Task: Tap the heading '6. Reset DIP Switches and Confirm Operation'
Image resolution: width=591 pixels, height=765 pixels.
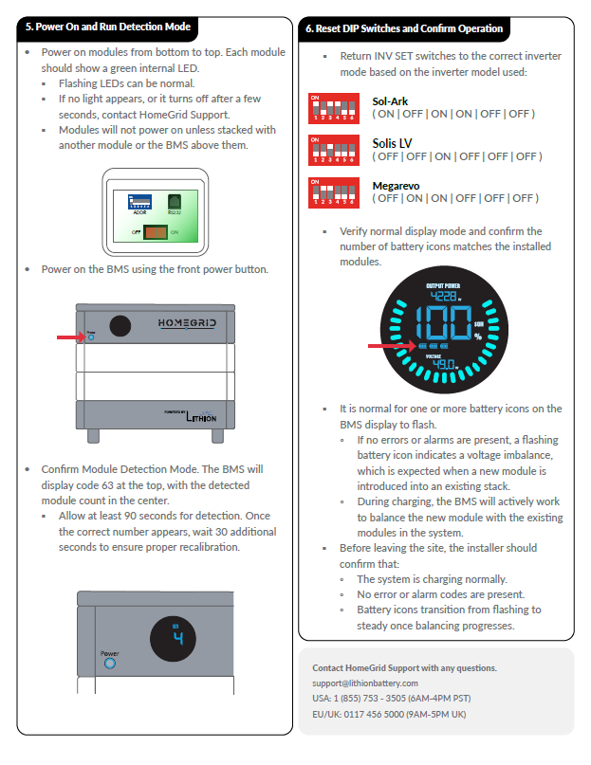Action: click(404, 28)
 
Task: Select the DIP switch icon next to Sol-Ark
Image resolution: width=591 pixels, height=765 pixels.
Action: click(334, 107)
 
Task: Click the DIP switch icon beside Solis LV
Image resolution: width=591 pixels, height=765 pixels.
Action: click(334, 150)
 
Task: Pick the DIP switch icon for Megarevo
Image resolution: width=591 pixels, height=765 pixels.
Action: click(334, 192)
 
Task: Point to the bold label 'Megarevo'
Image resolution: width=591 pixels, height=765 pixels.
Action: click(397, 186)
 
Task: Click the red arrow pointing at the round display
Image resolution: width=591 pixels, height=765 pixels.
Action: click(388, 346)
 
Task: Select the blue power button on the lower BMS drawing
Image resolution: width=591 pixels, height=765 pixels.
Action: click(109, 663)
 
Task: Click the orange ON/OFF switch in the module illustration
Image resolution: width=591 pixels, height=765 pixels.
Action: click(156, 230)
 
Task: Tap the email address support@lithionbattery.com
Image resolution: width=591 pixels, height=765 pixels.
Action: click(365, 683)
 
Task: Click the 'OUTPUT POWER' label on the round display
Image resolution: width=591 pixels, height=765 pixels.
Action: click(443, 284)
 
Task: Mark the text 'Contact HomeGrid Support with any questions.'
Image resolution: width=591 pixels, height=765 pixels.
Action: click(404, 667)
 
